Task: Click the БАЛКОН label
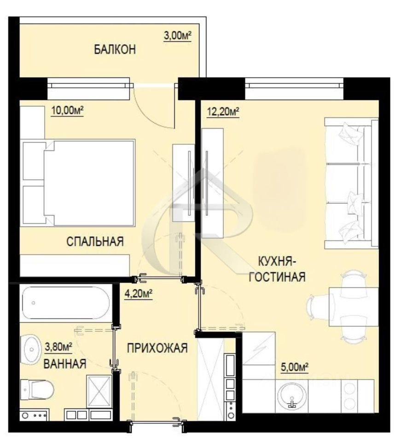tap(115, 49)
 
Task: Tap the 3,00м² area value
tap(178, 36)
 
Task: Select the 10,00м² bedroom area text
tap(67, 110)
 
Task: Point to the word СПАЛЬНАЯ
tap(95, 242)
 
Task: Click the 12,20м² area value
tap(223, 111)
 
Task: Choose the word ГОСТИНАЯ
tap(277, 277)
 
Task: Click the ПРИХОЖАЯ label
tap(157, 348)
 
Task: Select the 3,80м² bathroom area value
tap(58, 346)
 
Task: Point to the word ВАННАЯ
tap(65, 364)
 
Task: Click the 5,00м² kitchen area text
tap(295, 367)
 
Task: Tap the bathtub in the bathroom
tap(66, 303)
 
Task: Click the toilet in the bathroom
tap(37, 390)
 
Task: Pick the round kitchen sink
tap(292, 396)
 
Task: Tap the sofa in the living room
tap(351, 183)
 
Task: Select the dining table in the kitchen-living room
tap(354, 307)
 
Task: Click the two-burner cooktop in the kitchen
tap(350, 395)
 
